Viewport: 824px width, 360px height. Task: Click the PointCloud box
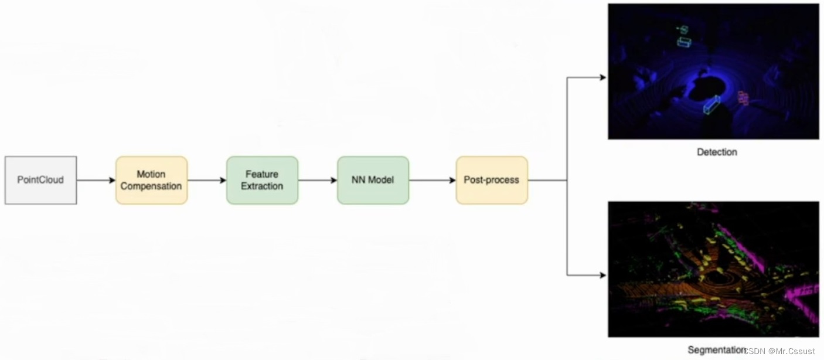click(40, 180)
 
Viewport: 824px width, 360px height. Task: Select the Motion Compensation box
click(151, 180)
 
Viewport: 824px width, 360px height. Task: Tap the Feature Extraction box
click(262, 180)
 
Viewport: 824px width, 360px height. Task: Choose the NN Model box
click(373, 180)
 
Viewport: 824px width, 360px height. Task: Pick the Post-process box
click(492, 180)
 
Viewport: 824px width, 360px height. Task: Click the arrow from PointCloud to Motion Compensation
click(96, 180)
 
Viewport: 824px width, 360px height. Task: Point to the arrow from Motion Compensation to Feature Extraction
click(207, 180)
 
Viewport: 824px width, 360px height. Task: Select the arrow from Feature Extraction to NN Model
click(318, 180)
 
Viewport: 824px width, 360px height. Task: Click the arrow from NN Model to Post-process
click(433, 180)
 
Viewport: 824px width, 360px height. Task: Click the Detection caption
click(717, 152)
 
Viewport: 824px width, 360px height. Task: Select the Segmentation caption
click(717, 350)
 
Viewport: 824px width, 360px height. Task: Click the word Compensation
click(151, 186)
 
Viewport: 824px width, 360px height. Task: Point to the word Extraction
click(262, 186)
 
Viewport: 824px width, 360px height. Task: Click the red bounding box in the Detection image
click(743, 97)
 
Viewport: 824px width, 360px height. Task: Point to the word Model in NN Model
click(381, 180)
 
